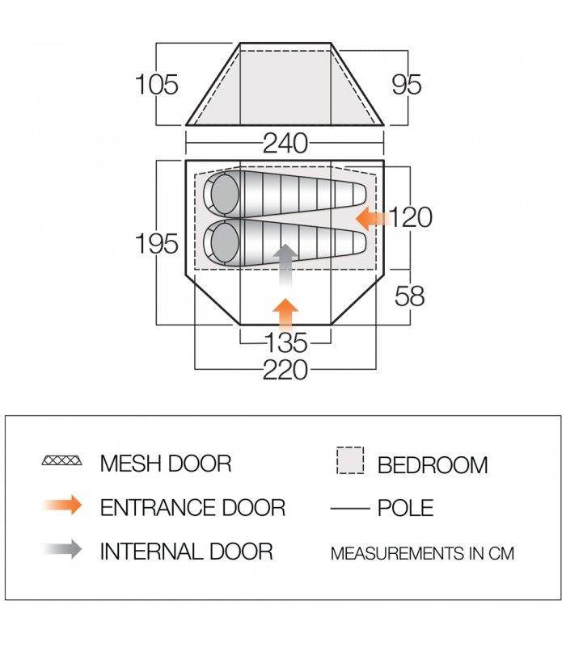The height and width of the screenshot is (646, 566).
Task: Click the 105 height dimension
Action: click(x=157, y=84)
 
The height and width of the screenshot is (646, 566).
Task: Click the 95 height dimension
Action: click(x=406, y=84)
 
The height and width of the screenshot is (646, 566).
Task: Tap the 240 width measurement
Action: click(x=285, y=144)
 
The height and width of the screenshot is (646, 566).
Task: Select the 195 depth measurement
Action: click(x=157, y=243)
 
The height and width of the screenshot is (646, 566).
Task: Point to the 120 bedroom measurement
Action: click(x=411, y=217)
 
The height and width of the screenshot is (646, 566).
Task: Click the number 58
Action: click(x=410, y=296)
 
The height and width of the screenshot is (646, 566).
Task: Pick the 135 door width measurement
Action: click(x=285, y=343)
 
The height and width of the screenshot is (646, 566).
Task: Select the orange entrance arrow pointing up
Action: click(x=285, y=313)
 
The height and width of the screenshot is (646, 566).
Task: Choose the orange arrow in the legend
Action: click(x=61, y=506)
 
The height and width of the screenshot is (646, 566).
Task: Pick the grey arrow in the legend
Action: click(x=61, y=550)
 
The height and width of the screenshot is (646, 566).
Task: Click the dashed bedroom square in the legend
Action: click(x=349, y=463)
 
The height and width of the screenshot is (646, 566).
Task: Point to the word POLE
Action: click(x=405, y=508)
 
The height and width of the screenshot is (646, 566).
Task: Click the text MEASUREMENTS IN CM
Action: click(x=422, y=554)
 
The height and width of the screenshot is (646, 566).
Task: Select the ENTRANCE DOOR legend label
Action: click(x=192, y=507)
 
